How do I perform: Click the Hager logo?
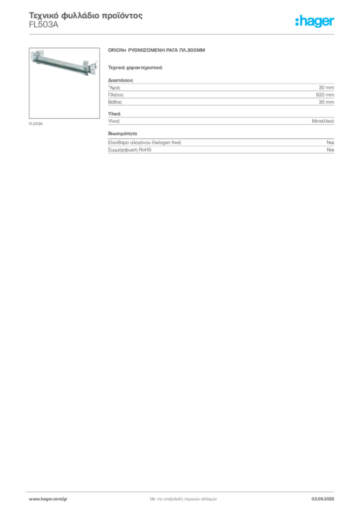tap(315, 21)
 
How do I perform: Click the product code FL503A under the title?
tap(43, 25)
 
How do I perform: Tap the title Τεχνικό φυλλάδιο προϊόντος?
tap(86, 15)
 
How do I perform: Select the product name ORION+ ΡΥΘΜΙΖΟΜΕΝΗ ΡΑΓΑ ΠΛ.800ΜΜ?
tap(157, 50)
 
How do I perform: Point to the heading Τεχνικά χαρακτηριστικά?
tap(135, 68)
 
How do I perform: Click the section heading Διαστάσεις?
tap(120, 80)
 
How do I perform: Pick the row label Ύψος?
tap(114, 87)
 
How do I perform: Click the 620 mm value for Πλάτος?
tap(325, 95)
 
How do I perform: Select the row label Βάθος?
tap(115, 102)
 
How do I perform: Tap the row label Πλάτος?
tap(116, 95)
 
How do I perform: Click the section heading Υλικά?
tap(114, 114)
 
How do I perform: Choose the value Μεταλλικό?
tap(323, 121)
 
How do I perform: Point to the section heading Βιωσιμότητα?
tap(122, 133)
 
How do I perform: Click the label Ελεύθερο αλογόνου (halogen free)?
tap(145, 143)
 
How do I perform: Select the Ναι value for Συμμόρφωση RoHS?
tap(331, 150)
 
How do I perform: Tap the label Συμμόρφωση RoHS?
tap(129, 150)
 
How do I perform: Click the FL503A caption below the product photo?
tap(36, 124)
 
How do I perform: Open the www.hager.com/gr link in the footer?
tap(48, 499)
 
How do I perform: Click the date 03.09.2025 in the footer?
tap(323, 499)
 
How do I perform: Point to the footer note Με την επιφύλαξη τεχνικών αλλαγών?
tap(183, 499)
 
